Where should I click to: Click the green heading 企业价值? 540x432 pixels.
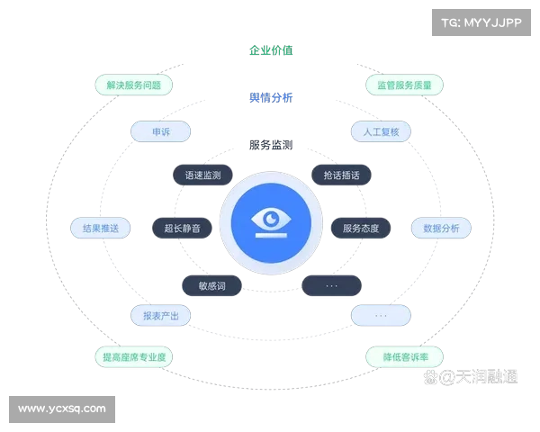coord(270,50)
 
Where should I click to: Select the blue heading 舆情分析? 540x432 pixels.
coord(270,96)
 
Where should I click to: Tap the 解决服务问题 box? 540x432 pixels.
coord(133,85)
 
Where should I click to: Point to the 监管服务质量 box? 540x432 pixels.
coord(404,85)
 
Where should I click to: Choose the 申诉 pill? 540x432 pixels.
coord(160,131)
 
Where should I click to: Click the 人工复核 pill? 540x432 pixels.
coord(380,131)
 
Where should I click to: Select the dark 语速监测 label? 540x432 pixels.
coord(202,175)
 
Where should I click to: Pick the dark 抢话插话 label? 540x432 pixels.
coord(340,175)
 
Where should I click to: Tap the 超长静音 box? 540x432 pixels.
coord(183,229)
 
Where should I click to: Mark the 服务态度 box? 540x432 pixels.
coord(361,229)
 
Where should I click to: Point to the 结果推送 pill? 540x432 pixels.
coord(101,229)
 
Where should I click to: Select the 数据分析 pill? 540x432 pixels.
coord(441,229)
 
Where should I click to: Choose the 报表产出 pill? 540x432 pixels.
coord(160,315)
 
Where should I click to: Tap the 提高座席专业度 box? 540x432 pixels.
coord(133,357)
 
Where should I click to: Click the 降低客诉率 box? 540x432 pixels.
coord(404,357)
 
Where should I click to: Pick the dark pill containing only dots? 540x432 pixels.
coord(331,285)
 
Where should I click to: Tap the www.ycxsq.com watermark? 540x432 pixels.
coord(62,409)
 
